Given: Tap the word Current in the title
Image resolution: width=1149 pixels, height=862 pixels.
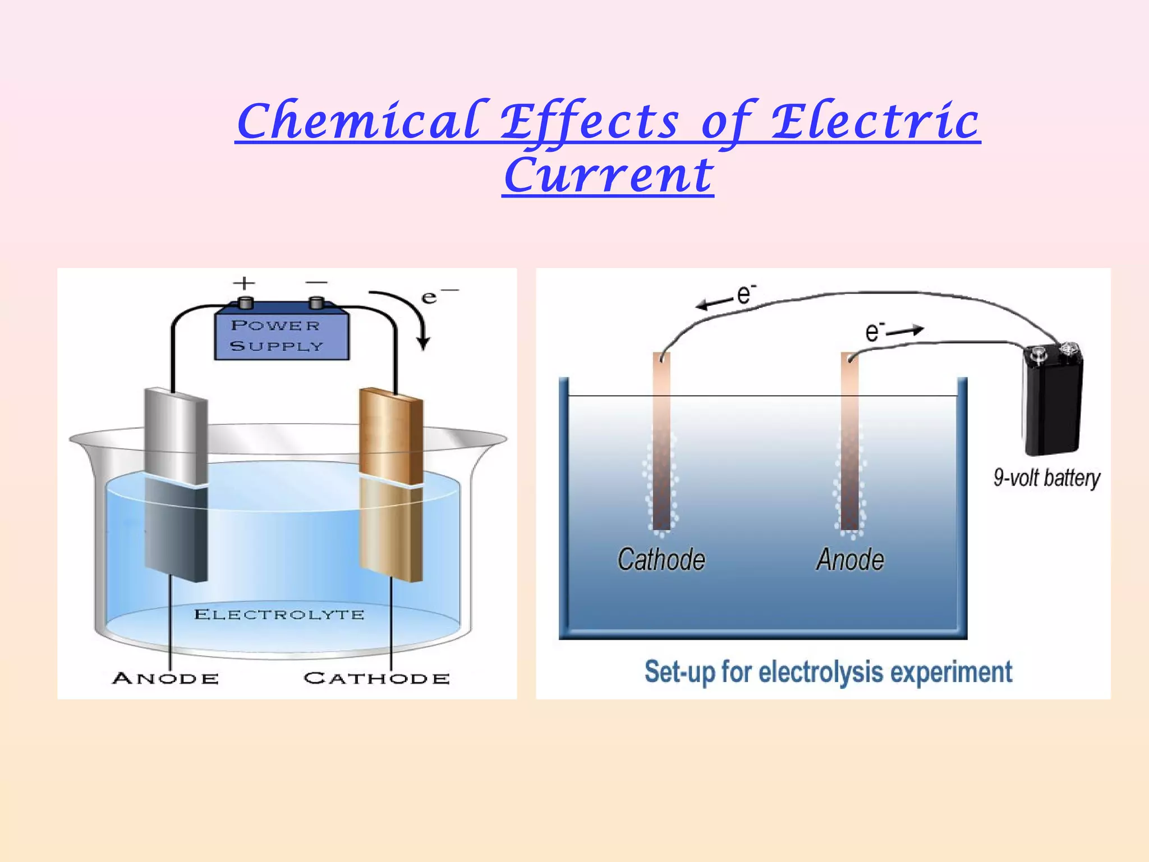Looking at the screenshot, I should pyautogui.click(x=608, y=175).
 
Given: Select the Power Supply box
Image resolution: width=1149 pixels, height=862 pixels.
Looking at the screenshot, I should pyautogui.click(x=282, y=334).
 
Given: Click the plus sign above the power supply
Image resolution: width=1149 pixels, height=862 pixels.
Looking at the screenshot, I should pyautogui.click(x=244, y=283).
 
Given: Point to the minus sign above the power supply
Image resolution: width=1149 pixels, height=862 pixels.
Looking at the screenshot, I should pyautogui.click(x=316, y=282).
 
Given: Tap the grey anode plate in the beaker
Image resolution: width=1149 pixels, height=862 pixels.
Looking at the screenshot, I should pyautogui.click(x=176, y=483).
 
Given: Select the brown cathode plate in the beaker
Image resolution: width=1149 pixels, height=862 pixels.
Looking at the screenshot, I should pyautogui.click(x=391, y=483).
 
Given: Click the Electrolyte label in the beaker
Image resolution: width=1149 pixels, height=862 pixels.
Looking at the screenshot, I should pyautogui.click(x=279, y=615).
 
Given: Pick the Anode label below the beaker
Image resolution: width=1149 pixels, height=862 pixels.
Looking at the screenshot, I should pyautogui.click(x=166, y=678).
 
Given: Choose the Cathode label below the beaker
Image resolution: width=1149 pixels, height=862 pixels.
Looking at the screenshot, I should pyautogui.click(x=376, y=678).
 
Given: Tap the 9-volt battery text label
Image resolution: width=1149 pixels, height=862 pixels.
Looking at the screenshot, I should pyautogui.click(x=1047, y=478).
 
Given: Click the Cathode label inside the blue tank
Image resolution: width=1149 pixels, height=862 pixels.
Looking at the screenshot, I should pyautogui.click(x=661, y=560).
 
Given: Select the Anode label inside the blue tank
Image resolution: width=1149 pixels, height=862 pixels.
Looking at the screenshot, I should pyautogui.click(x=850, y=560).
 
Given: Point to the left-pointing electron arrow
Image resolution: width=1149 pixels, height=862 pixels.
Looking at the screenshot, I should pyautogui.click(x=714, y=304).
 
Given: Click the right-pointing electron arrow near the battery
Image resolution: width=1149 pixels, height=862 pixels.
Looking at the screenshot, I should pyautogui.click(x=905, y=331).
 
